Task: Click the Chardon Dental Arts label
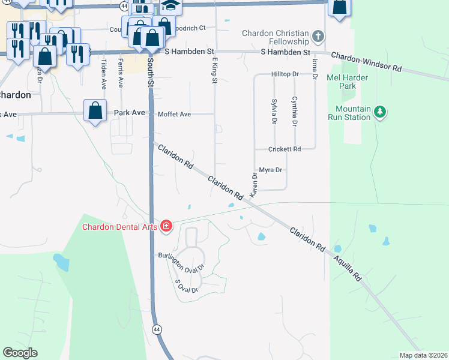pyautogui.click(x=119, y=226)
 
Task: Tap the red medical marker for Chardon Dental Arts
pyautogui.click(x=166, y=226)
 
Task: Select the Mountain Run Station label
pyautogui.click(x=349, y=113)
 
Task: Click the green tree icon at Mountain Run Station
pyautogui.click(x=379, y=112)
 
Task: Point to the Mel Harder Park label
pyautogui.click(x=342, y=82)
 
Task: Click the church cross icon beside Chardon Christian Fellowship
pyautogui.click(x=319, y=37)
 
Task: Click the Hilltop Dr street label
pyautogui.click(x=285, y=74)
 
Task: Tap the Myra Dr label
pyautogui.click(x=270, y=170)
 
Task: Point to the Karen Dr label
pyautogui.click(x=254, y=185)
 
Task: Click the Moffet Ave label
pyautogui.click(x=174, y=114)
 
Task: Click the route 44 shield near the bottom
pyautogui.click(x=157, y=329)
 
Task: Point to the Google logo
pyautogui.click(x=20, y=353)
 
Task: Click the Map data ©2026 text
pyautogui.click(x=423, y=355)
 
